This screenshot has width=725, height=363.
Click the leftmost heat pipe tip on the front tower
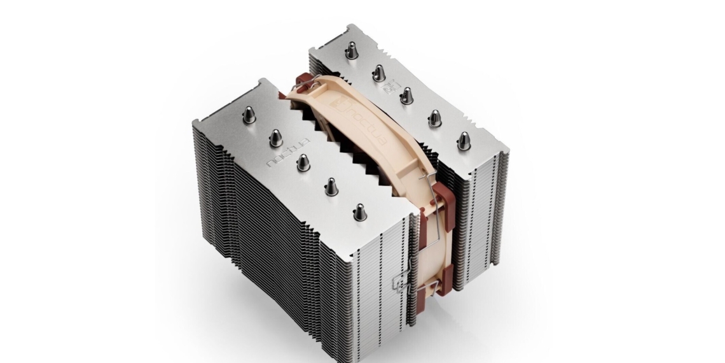point(249,115)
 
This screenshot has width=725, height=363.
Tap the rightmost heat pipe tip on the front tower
point(360,211)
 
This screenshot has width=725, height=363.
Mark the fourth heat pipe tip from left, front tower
point(331,187)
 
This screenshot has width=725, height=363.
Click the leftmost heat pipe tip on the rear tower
point(351,52)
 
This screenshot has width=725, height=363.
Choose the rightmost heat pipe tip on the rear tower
point(464,140)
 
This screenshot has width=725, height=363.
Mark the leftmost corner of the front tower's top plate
point(193,124)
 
